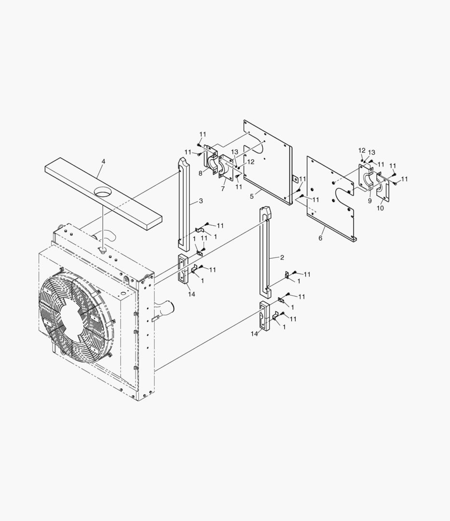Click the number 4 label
click(103, 161)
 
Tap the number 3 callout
click(200, 201)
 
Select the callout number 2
click(282, 258)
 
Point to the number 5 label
click(251, 196)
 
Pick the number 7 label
click(223, 189)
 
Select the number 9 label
click(369, 201)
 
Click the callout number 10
click(380, 208)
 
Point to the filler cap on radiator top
click(102, 249)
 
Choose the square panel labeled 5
click(268, 159)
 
